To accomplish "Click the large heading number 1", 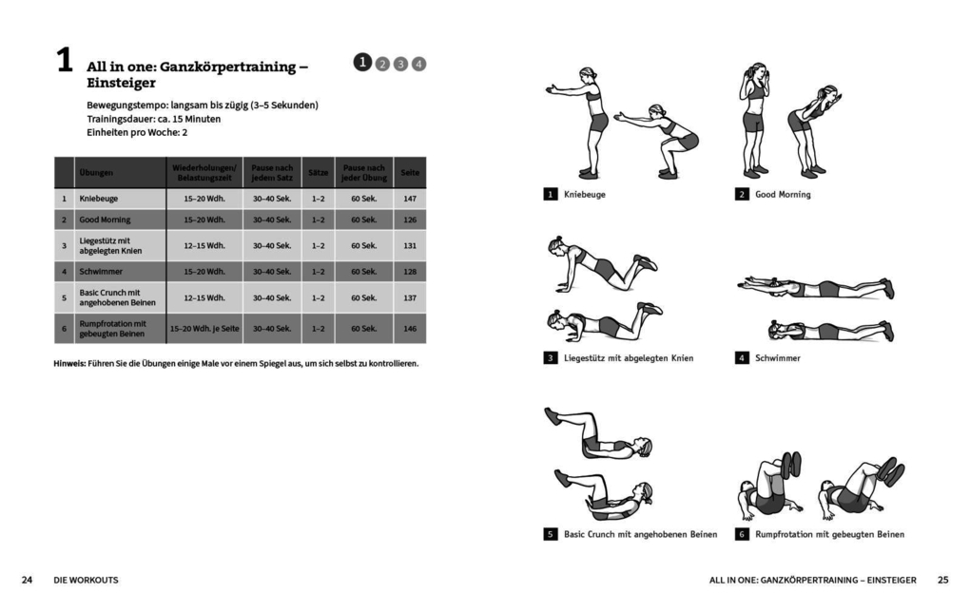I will (64, 62).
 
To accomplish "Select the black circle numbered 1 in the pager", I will (362, 63).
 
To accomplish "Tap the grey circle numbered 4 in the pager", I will (419, 64).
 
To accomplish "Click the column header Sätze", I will (318, 173).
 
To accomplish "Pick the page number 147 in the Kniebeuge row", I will (410, 199).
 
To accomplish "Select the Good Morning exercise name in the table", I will (105, 220).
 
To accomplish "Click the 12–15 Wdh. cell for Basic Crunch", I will (204, 297).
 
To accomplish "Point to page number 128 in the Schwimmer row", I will (410, 271).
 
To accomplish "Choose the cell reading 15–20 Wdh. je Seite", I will (204, 329).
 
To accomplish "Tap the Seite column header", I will (410, 173).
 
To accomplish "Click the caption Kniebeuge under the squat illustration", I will (584, 195).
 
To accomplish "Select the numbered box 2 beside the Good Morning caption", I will (742, 195).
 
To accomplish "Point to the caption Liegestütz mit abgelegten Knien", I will (628, 358).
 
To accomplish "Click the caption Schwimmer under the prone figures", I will (777, 358).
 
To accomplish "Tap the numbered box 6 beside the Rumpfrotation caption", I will (742, 534).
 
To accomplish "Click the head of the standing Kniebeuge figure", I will (589, 76).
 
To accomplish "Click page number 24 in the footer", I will (28, 580).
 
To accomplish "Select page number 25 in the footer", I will (942, 580).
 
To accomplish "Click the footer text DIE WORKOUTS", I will (87, 580).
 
